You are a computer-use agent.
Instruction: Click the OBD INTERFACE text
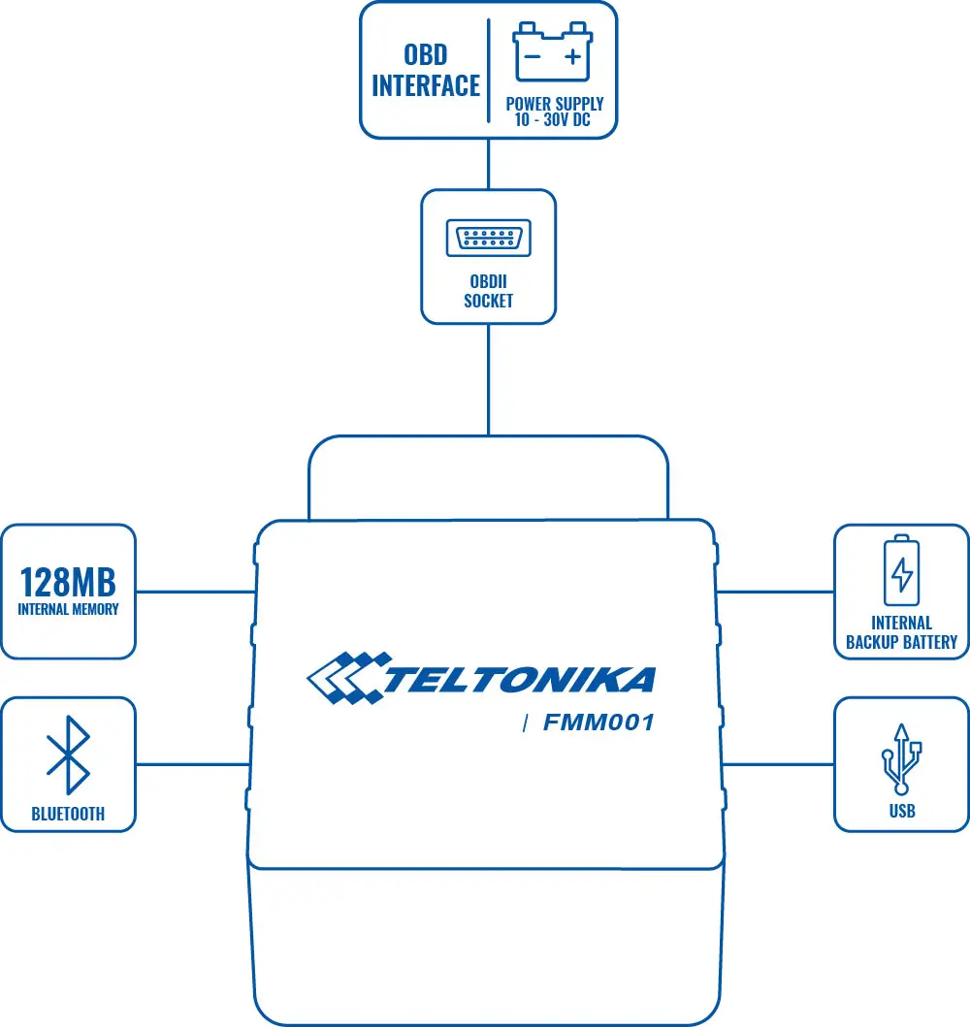[426, 70]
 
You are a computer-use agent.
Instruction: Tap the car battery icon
[554, 53]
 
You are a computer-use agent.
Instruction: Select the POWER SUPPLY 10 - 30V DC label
[554, 112]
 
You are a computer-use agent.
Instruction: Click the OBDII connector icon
[488, 239]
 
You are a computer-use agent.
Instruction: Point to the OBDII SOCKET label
[488, 291]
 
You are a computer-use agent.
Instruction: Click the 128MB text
[68, 582]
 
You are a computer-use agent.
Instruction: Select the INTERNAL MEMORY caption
[68, 610]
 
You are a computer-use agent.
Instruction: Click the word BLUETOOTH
[68, 815]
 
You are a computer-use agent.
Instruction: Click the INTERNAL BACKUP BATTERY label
[901, 632]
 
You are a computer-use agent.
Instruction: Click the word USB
[902, 811]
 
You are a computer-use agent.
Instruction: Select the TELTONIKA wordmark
[519, 680]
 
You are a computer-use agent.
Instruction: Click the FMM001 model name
[598, 722]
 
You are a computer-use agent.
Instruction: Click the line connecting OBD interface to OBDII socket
[488, 163]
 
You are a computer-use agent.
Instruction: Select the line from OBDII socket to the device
[488, 378]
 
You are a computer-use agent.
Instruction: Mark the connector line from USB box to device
[778, 764]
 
